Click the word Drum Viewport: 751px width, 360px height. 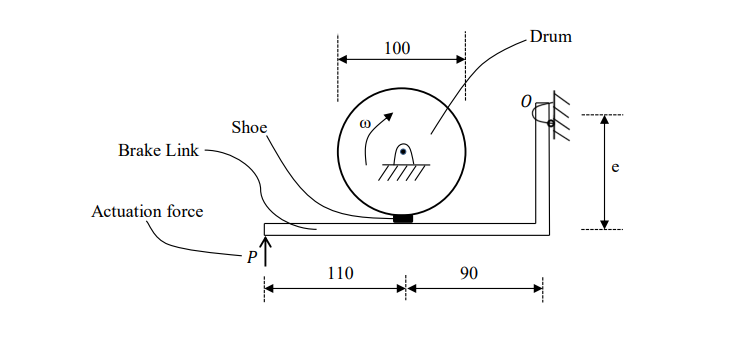tap(550, 37)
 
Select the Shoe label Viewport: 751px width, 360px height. tap(249, 127)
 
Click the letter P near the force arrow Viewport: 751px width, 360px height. tap(253, 256)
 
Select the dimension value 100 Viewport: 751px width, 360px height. tap(397, 48)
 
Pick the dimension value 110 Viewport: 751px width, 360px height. tap(335, 272)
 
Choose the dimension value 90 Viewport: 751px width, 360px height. tap(469, 272)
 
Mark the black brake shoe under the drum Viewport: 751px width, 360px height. tap(403, 219)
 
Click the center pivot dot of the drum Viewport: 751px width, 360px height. tap(402, 153)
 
